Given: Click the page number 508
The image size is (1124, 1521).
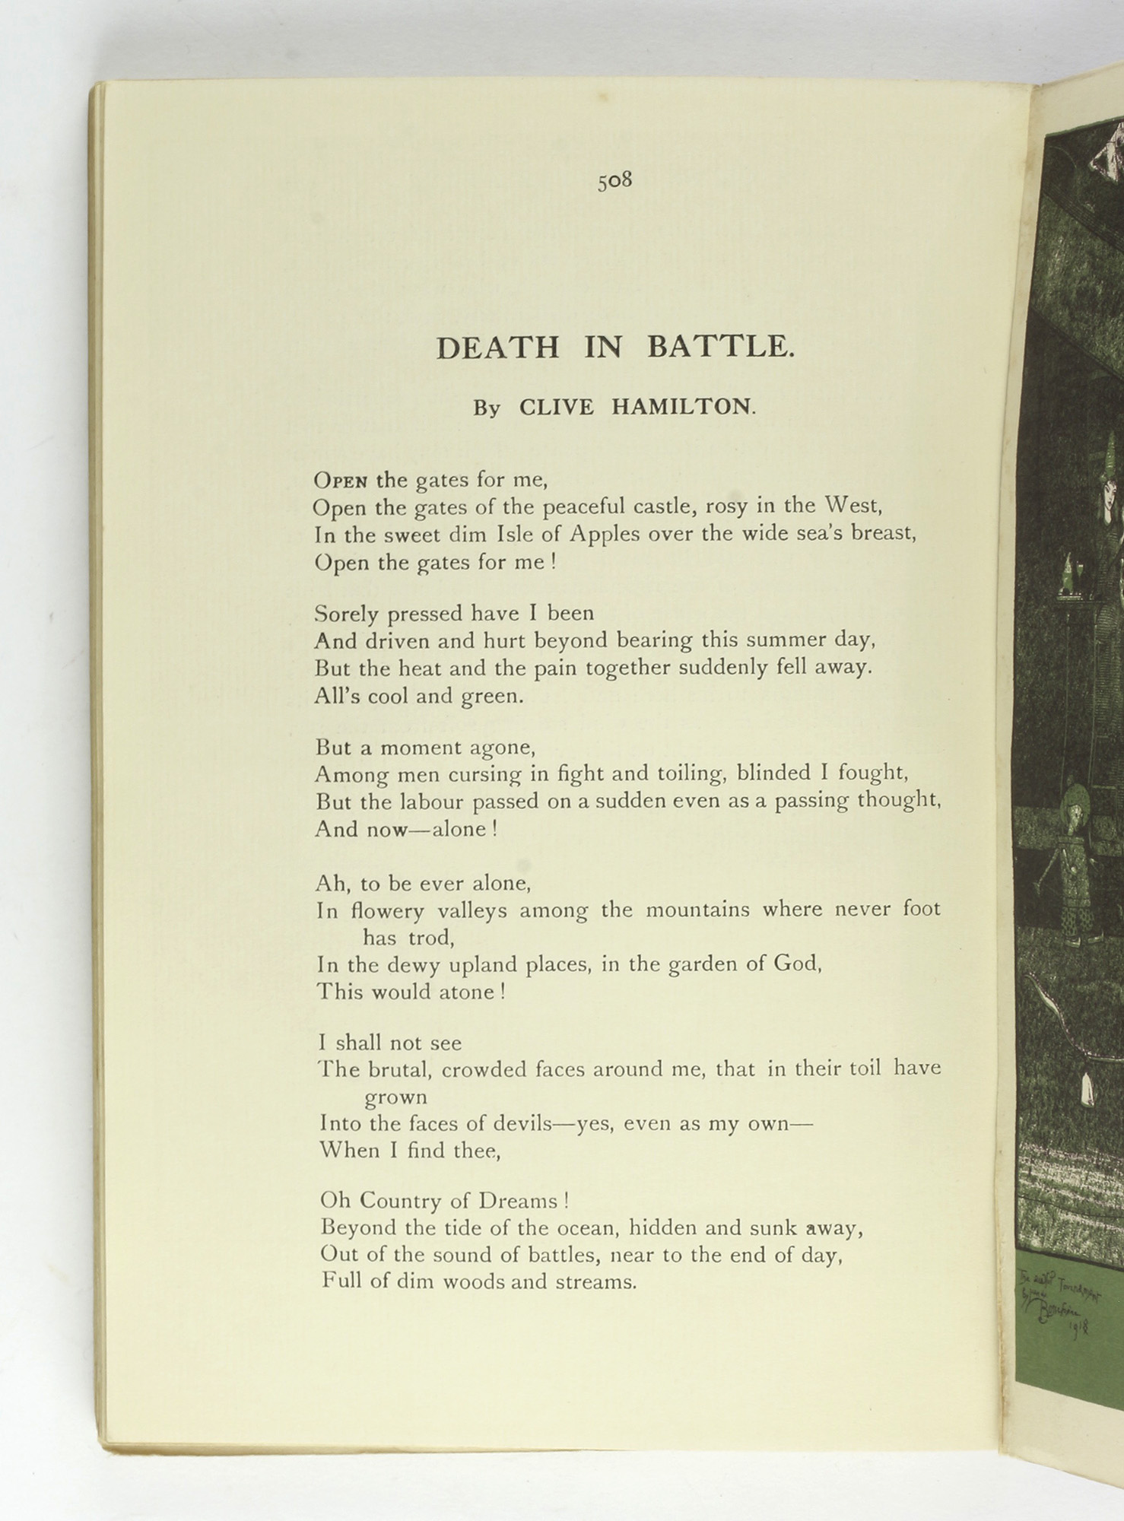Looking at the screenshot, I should click(x=614, y=181).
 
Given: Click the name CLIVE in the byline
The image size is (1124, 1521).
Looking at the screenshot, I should click(x=556, y=407).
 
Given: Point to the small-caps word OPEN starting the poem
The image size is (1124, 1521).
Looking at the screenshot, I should click(x=341, y=481).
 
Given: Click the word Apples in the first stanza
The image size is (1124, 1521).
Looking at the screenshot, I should click(x=604, y=535).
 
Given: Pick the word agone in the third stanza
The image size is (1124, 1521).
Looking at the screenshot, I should click(x=503, y=748).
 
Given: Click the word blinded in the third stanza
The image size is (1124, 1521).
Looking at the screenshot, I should click(x=773, y=773).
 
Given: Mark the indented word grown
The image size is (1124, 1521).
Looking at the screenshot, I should click(x=395, y=1097).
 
